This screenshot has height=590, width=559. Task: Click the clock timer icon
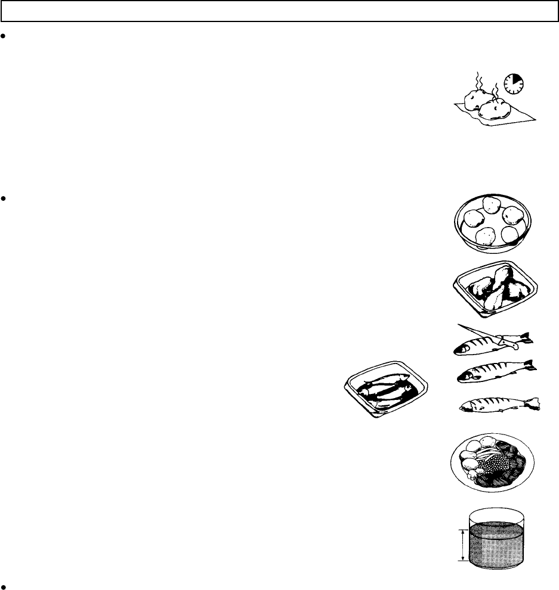[513, 85]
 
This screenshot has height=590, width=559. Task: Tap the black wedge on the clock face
[517, 80]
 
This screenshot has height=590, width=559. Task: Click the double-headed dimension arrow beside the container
[462, 545]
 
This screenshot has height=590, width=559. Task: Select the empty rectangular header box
[279, 11]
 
